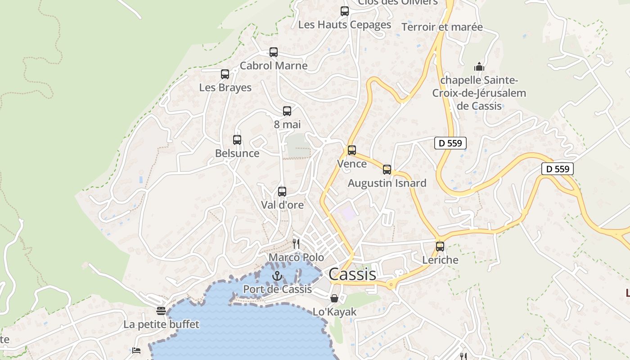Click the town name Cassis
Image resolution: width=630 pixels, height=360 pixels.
[x=352, y=274]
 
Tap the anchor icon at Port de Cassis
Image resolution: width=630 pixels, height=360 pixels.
[x=277, y=275]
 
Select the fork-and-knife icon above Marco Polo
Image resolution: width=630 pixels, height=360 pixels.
[x=296, y=244]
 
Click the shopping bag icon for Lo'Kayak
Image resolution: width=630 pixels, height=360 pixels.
[x=334, y=298]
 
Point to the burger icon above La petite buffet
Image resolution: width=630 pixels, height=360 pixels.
[x=161, y=310]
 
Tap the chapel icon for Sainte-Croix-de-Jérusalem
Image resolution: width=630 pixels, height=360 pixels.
[x=479, y=67]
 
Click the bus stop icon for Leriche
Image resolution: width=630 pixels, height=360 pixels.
[x=440, y=247]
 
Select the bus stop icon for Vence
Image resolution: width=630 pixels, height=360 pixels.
[x=352, y=150]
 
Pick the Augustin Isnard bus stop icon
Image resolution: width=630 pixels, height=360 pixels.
[x=387, y=170]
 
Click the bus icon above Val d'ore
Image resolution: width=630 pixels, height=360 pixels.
[x=282, y=192]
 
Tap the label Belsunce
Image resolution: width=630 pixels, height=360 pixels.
[x=237, y=153]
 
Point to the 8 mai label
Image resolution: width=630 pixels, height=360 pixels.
[x=287, y=124]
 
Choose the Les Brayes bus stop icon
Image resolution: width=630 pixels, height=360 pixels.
[x=225, y=74]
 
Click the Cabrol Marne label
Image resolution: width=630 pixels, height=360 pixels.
[x=274, y=66]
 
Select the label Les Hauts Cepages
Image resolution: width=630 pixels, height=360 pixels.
[x=345, y=25]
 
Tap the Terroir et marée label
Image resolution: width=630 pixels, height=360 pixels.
[x=442, y=27]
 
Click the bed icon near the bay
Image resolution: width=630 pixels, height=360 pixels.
[x=136, y=350]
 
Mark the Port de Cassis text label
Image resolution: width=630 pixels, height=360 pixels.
[x=277, y=289]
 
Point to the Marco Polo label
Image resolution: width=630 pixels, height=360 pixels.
[x=296, y=257]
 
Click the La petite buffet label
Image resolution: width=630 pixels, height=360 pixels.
[x=161, y=324]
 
